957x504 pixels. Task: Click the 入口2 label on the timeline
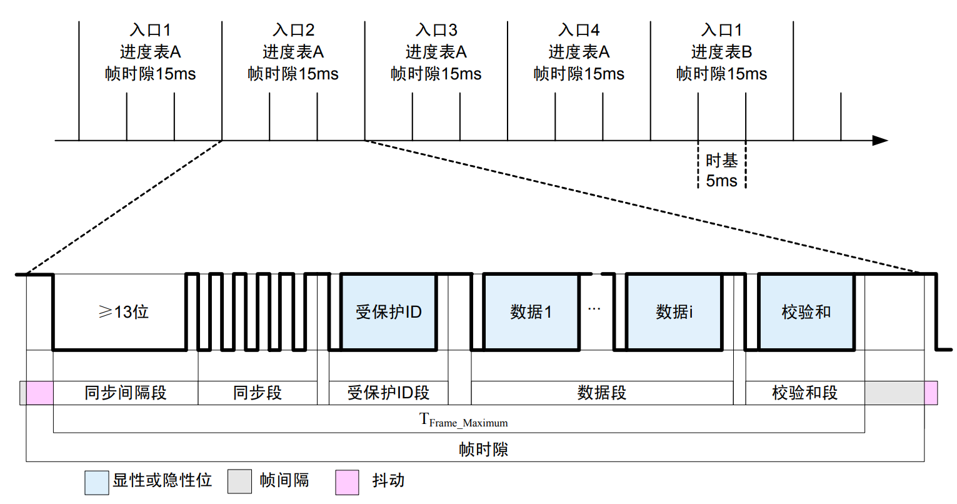293,30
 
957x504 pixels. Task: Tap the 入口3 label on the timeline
436,30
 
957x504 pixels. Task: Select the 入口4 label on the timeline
579,30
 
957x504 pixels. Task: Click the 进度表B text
721,52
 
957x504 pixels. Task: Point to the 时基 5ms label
721,171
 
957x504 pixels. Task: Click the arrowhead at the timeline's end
880,141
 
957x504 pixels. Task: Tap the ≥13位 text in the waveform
124,311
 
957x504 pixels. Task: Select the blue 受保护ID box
388,311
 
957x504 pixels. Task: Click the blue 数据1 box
531,311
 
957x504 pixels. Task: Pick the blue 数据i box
674,311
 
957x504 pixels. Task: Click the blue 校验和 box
806,311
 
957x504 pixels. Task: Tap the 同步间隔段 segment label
126,393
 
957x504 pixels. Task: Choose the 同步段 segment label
258,393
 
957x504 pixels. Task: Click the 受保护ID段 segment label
388,393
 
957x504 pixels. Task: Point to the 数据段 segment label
601,393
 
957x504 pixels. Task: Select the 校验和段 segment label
804,393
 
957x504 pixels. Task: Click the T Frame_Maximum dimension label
463,420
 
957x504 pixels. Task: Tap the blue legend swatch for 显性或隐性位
97,482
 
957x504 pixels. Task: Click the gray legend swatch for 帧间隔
239,482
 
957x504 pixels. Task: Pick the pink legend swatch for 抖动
347,482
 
